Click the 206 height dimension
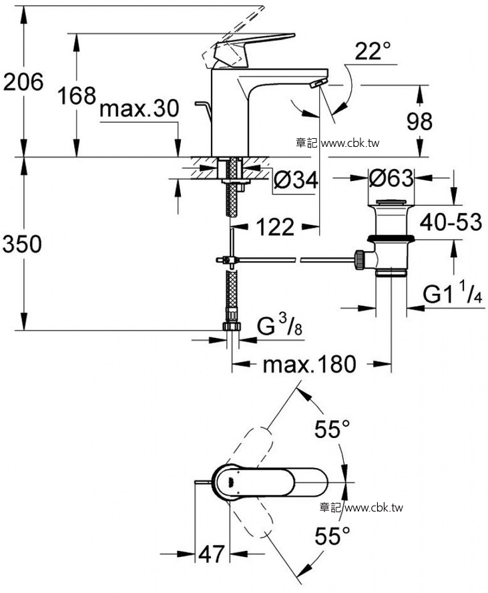tap(23, 81)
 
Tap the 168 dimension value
tap(77, 95)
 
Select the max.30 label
tap(139, 109)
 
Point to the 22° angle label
tap(373, 51)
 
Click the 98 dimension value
tap(419, 122)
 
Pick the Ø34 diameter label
tap(295, 180)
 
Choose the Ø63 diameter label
tap(391, 178)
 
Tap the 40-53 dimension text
tap(451, 222)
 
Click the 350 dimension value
tap(22, 244)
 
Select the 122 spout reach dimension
tap(275, 227)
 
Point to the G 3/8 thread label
tap(279, 326)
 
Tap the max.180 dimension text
tap(310, 364)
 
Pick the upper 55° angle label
tap(332, 429)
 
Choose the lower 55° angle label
tap(332, 536)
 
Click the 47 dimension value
tap(212, 554)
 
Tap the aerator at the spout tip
tap(318, 83)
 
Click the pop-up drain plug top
tap(391, 204)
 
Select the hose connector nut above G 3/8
tap(232, 326)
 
